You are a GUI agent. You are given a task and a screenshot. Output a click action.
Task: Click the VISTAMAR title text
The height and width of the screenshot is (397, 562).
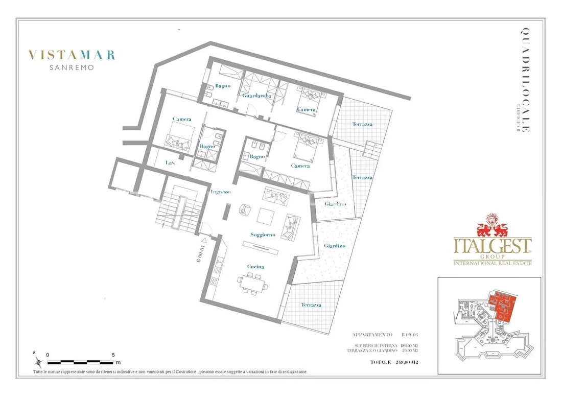72,55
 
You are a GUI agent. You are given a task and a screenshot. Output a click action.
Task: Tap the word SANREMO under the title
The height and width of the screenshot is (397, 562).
72,67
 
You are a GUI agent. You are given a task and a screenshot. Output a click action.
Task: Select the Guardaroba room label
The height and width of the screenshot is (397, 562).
256,96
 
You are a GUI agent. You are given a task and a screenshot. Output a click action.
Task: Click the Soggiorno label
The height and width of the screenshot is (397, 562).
263,235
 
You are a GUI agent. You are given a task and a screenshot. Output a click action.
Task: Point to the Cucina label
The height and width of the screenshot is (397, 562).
255,267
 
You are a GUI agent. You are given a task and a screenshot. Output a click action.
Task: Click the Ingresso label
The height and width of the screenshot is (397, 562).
221,192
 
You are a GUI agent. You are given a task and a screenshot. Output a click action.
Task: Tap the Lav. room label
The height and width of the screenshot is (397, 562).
170,162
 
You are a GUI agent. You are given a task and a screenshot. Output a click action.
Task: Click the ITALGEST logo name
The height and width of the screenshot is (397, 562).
493,246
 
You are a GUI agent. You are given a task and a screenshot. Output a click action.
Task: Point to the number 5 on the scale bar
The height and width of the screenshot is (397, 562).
113,355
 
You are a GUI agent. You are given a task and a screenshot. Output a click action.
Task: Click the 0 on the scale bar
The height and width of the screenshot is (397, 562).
48,355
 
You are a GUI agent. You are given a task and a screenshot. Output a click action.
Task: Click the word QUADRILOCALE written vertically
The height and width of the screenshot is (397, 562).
525,80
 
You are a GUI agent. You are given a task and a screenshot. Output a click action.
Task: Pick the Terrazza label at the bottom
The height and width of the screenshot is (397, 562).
311,305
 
